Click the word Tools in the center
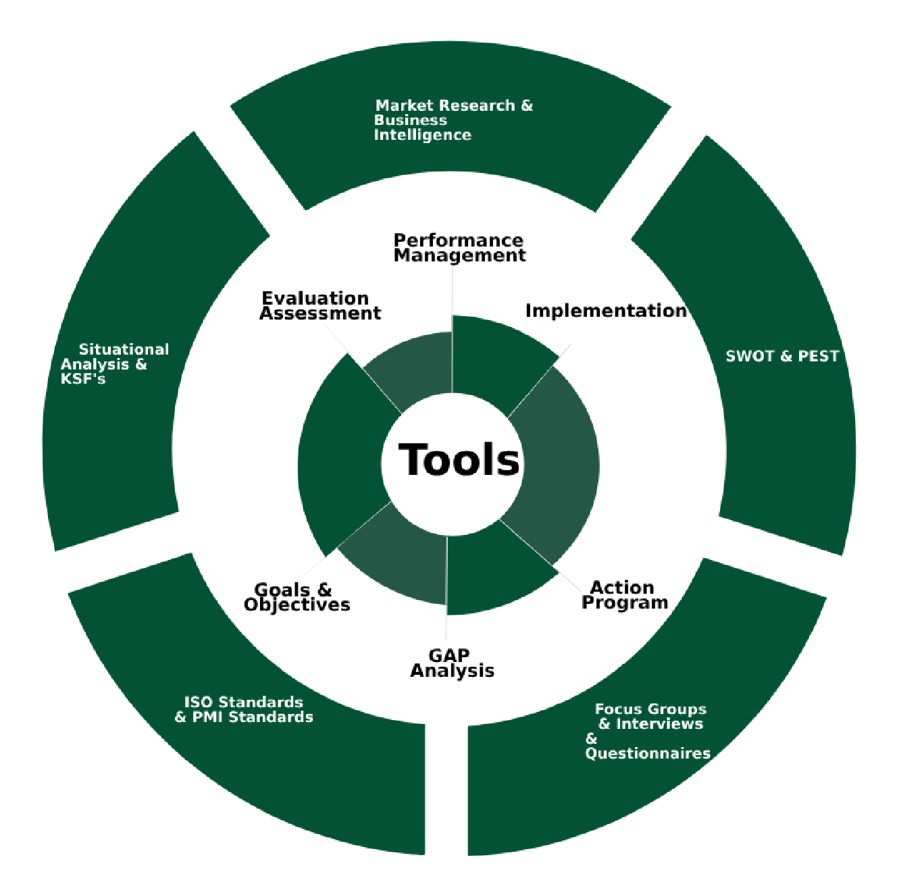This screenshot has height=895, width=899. tap(459, 460)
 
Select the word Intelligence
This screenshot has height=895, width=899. tap(422, 135)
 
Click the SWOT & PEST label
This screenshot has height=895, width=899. tap(781, 356)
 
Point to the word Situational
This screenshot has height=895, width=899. tap(124, 349)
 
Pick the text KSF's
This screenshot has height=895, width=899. tap(83, 379)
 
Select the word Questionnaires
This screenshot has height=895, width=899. tap(648, 753)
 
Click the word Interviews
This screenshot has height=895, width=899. tap(659, 723)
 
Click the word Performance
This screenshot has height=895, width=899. tap(458, 240)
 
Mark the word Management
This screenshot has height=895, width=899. tap(459, 255)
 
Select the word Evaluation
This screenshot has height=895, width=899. tap(315, 298)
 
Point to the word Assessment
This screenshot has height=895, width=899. tap(320, 313)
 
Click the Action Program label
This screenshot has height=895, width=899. tap(624, 595)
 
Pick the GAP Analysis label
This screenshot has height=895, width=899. tap(452, 663)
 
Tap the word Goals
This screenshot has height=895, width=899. tap(282, 590)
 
